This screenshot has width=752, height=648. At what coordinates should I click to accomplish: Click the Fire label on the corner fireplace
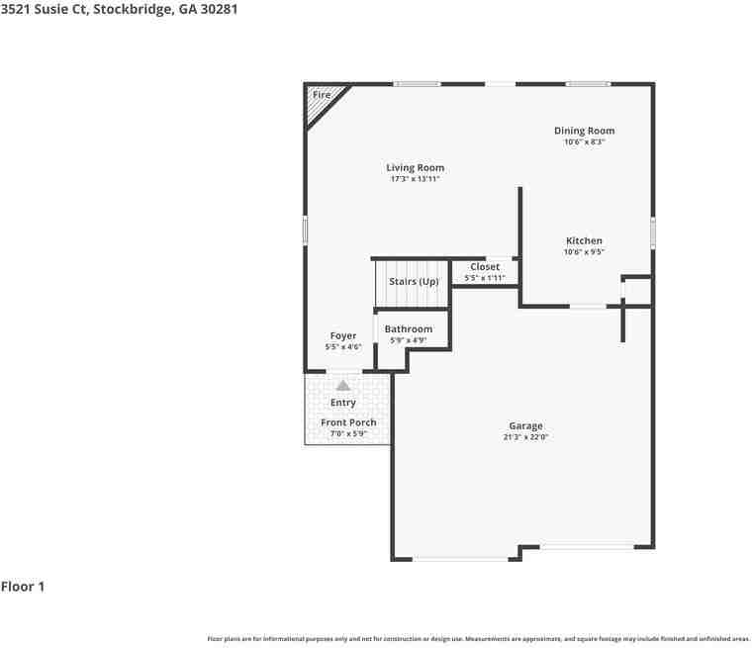coord(322,95)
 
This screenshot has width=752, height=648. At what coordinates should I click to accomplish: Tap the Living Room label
coord(416,168)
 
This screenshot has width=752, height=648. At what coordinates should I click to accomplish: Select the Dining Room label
coord(584,131)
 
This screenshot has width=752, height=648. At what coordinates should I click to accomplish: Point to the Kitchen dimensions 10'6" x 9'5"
coord(584,252)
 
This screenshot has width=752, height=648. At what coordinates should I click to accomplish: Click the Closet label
coord(485,267)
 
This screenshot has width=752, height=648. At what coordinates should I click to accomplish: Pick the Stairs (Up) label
coord(414,282)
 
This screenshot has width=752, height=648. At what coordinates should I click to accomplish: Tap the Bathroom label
coord(409,329)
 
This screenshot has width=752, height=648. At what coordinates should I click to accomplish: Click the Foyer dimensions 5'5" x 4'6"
coord(343,347)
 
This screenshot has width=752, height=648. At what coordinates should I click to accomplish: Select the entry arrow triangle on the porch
coord(343,385)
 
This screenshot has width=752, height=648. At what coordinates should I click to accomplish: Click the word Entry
coord(343,403)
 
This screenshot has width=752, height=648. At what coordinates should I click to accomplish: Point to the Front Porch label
coord(348,422)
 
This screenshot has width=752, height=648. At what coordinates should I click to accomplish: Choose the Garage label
coord(526,426)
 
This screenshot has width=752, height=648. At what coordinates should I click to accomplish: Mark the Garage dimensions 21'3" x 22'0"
coord(526,437)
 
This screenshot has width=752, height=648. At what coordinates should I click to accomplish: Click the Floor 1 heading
coord(23,587)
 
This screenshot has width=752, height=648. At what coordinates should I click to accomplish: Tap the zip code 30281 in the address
coord(220,9)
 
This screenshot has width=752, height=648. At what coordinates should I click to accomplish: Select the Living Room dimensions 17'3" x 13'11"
coord(416,179)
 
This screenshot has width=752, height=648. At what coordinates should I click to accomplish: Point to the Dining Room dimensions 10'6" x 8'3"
coord(584,142)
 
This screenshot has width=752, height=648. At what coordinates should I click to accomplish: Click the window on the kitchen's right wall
coord(653,233)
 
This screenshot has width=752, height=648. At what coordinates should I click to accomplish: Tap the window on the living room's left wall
coord(305,231)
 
